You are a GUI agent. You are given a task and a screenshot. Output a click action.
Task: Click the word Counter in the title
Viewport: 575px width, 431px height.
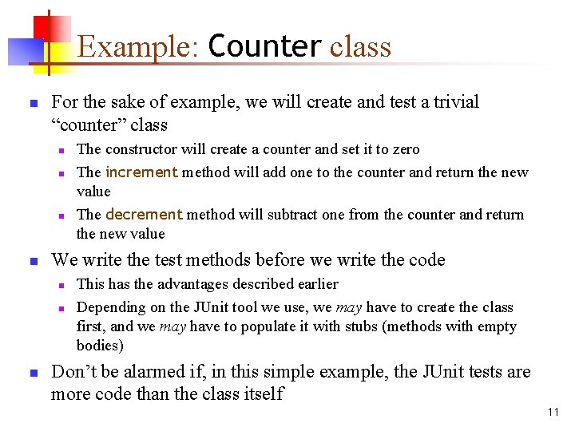pyautogui.click(x=264, y=46)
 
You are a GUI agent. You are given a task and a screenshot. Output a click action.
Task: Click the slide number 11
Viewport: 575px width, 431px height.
pyautogui.click(x=553, y=412)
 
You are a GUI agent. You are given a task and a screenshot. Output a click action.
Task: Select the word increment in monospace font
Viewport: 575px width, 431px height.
pyautogui.click(x=141, y=172)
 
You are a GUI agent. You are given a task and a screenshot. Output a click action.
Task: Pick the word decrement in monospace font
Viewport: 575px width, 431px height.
pyautogui.click(x=144, y=214)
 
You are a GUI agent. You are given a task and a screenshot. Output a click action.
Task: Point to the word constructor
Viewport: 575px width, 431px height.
pyautogui.click(x=145, y=149)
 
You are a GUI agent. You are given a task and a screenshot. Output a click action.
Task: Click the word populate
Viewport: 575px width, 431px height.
pyautogui.click(x=255, y=326)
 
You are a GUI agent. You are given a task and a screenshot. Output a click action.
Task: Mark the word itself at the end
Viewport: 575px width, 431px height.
pyautogui.click(x=260, y=393)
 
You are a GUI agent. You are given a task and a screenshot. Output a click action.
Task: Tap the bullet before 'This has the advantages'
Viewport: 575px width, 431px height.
pyautogui.click(x=60, y=285)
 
